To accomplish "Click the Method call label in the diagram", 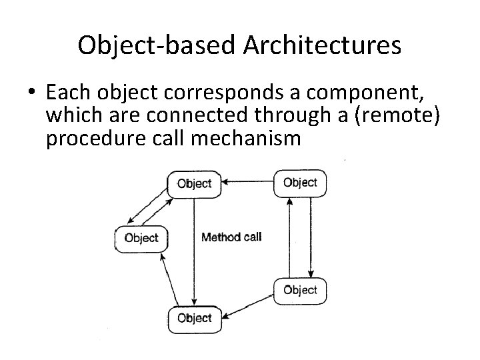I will click(x=231, y=237).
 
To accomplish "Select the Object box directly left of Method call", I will click(x=141, y=238).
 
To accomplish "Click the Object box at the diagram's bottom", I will click(x=194, y=318).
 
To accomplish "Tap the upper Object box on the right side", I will click(x=300, y=183).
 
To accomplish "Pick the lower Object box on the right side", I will click(x=300, y=290).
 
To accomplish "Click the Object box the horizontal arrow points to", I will click(x=194, y=184).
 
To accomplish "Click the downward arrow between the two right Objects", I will click(x=310, y=237).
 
